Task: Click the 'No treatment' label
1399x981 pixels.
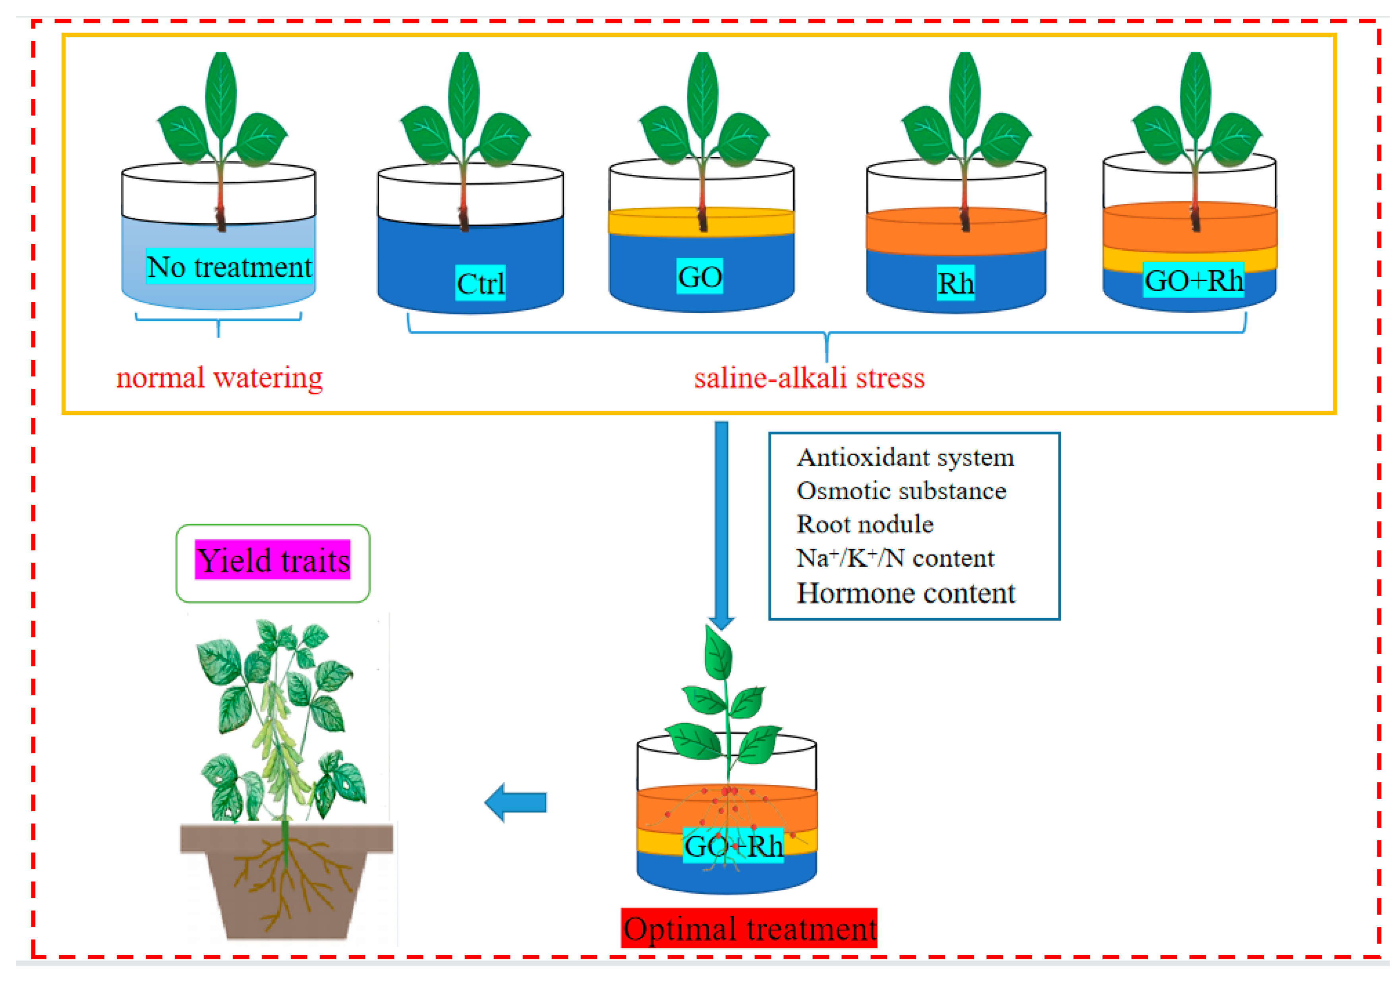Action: point(229,267)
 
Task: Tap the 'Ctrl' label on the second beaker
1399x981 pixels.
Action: point(480,283)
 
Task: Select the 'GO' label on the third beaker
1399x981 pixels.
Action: point(699,277)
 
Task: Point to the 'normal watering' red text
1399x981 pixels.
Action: point(219,378)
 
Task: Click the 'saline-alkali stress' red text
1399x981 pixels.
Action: point(809,378)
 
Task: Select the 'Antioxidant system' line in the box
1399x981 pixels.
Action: point(905,458)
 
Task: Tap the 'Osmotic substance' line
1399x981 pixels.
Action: point(901,491)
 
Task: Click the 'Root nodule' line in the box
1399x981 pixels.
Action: point(865,525)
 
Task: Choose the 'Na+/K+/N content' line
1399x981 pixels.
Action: point(895,558)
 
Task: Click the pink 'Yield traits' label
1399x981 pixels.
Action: point(273,560)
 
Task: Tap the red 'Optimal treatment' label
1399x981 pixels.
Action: point(749,929)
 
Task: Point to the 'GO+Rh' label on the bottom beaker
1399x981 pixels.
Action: point(733,846)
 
